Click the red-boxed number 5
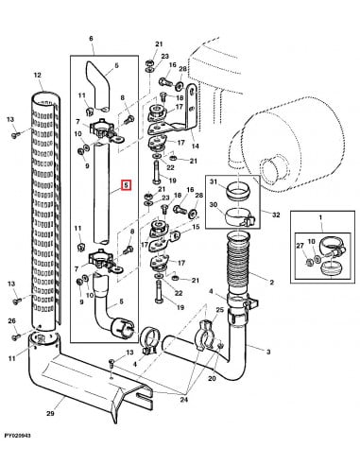click(124, 187)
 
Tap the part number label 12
click(38, 74)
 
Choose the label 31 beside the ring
click(214, 182)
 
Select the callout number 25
click(219, 310)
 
